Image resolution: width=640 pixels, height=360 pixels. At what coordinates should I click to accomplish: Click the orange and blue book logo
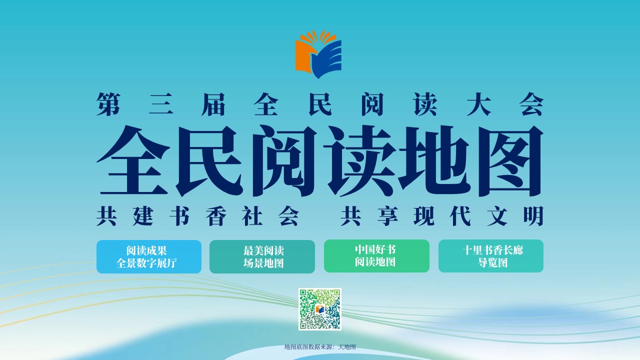[318, 54]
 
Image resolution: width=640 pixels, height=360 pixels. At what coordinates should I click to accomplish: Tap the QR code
[319, 309]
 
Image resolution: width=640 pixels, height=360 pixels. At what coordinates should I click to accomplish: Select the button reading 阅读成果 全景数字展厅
[149, 256]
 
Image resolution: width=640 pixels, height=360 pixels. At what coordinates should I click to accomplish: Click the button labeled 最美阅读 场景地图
[262, 256]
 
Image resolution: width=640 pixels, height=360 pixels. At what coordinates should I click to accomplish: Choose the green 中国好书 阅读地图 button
[376, 256]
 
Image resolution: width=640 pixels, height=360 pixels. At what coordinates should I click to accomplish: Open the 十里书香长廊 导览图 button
[491, 256]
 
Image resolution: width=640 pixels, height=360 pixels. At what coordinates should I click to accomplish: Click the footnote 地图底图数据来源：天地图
[320, 347]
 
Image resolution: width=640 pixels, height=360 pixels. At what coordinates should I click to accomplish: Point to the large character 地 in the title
[434, 161]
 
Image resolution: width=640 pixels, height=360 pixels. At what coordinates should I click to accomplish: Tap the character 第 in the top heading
[108, 104]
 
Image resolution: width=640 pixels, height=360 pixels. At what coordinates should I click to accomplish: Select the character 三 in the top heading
[161, 104]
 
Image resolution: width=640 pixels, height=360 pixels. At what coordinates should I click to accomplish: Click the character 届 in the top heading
[213, 104]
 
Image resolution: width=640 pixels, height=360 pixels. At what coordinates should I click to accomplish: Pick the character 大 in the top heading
[479, 104]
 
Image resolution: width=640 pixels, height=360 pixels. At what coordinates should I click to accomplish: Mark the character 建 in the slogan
[143, 216]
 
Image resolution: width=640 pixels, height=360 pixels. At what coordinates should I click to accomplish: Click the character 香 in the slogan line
[216, 216]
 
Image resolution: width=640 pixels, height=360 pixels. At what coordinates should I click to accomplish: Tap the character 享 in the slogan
[387, 216]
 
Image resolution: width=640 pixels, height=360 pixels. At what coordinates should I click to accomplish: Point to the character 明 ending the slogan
[533, 216]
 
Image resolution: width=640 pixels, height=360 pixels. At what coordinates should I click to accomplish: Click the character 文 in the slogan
[497, 216]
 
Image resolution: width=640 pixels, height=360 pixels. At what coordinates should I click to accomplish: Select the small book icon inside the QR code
[319, 309]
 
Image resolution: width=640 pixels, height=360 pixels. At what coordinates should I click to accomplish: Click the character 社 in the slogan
[252, 216]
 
